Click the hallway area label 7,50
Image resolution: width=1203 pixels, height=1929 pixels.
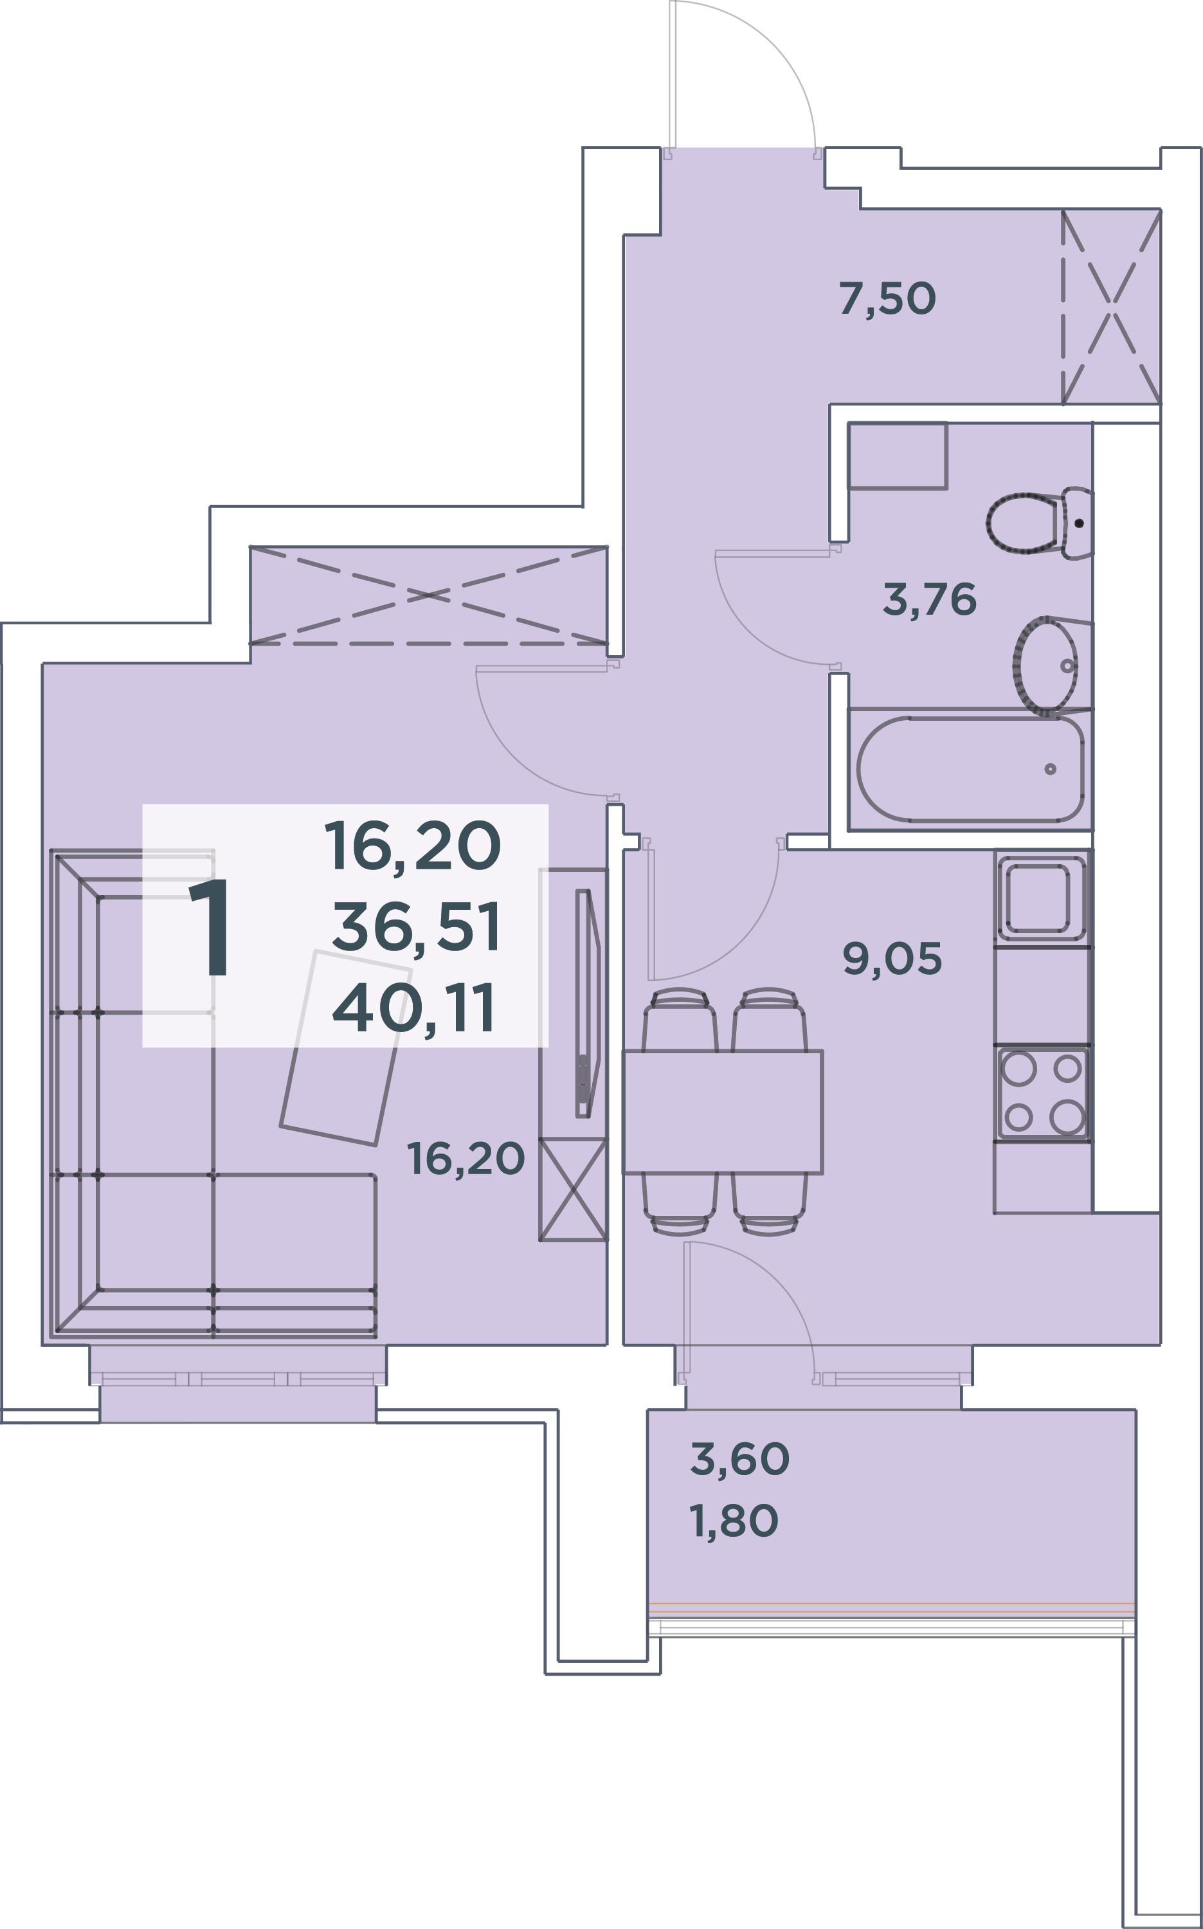pyautogui.click(x=887, y=298)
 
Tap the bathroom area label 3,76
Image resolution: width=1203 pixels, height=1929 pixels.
pyautogui.click(x=929, y=599)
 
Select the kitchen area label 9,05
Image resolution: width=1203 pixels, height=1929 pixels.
pyautogui.click(x=892, y=959)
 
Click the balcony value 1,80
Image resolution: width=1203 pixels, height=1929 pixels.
pyautogui.click(x=734, y=1521)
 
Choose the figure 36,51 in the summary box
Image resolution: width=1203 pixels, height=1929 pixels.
pyautogui.click(x=416, y=927)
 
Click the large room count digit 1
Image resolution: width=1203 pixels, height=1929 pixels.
pyautogui.click(x=211, y=927)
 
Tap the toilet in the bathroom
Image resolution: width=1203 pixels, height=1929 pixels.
pyautogui.click(x=1039, y=523)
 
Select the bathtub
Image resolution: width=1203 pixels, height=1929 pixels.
pyautogui.click(x=970, y=769)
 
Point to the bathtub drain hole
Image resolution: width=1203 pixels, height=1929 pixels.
pyautogui.click(x=1050, y=769)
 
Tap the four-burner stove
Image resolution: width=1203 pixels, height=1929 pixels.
pyautogui.click(x=1042, y=1094)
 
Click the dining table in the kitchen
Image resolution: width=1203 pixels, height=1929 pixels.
pyautogui.click(x=723, y=1112)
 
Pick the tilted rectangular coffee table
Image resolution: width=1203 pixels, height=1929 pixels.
pyautogui.click(x=346, y=1047)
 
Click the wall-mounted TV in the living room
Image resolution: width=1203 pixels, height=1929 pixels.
pyautogui.click(x=587, y=1004)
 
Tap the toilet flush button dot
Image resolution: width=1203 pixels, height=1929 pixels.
pyautogui.click(x=1079, y=523)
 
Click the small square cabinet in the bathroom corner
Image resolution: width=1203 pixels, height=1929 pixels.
pyautogui.click(x=898, y=456)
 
